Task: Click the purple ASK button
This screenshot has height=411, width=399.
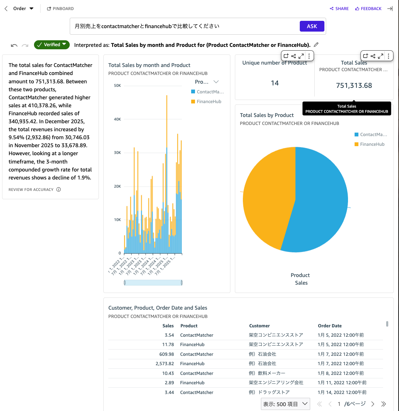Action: [x=312, y=26]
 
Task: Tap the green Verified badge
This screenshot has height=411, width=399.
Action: [x=52, y=45]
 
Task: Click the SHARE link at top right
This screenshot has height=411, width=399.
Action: [x=339, y=9]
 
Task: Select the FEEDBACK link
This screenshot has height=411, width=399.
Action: [x=368, y=9]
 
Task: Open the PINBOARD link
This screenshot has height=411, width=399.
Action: [x=60, y=9]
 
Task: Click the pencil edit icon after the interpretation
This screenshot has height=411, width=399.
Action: [x=316, y=45]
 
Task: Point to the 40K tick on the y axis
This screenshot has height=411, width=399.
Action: [x=117, y=119]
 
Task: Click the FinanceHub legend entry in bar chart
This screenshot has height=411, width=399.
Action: [x=209, y=102]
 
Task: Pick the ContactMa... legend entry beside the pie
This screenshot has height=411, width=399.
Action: [x=373, y=135]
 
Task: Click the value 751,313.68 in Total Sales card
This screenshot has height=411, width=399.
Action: [x=354, y=86]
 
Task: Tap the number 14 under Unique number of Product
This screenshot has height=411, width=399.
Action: [x=275, y=83]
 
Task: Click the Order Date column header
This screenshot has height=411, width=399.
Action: [x=330, y=326]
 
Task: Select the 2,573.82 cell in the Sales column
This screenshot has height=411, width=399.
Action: [x=165, y=364]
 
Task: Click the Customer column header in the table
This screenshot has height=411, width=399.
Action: [x=259, y=326]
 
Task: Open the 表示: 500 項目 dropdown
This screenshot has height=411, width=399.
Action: [x=285, y=404]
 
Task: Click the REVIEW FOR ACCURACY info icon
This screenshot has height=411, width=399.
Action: [x=59, y=190]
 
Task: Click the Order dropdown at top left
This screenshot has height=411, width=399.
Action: [x=23, y=9]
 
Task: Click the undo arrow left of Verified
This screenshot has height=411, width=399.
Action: [x=14, y=45]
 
